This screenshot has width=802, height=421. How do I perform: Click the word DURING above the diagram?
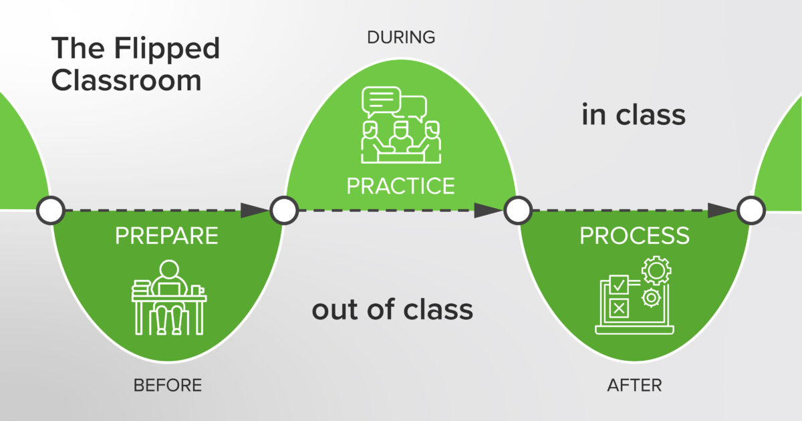pyautogui.click(x=401, y=37)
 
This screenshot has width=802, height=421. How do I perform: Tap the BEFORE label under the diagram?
pyautogui.click(x=167, y=386)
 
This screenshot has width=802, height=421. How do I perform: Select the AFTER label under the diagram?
pyautogui.click(x=634, y=386)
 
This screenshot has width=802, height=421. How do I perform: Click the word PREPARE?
pyautogui.click(x=167, y=237)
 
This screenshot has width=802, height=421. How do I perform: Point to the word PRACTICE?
pyautogui.click(x=400, y=185)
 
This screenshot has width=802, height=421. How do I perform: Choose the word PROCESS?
pyautogui.click(x=634, y=236)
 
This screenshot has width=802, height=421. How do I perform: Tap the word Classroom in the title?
pyautogui.click(x=126, y=80)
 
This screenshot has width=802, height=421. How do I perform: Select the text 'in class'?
pyautogui.click(x=634, y=115)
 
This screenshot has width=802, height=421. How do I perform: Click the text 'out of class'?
pyautogui.click(x=392, y=310)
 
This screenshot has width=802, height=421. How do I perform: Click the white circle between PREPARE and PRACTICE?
pyautogui.click(x=283, y=210)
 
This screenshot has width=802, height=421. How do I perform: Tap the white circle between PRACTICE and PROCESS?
pyautogui.click(x=517, y=210)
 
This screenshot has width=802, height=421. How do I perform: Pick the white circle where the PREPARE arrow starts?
pyautogui.click(x=50, y=210)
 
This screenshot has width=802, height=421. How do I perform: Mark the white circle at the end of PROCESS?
pyautogui.click(x=751, y=210)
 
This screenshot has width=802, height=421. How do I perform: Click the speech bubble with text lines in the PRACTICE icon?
pyautogui.click(x=380, y=101)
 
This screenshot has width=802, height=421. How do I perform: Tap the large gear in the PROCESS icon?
pyautogui.click(x=656, y=271)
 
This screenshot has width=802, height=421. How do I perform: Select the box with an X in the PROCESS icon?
pyautogui.click(x=619, y=308)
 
